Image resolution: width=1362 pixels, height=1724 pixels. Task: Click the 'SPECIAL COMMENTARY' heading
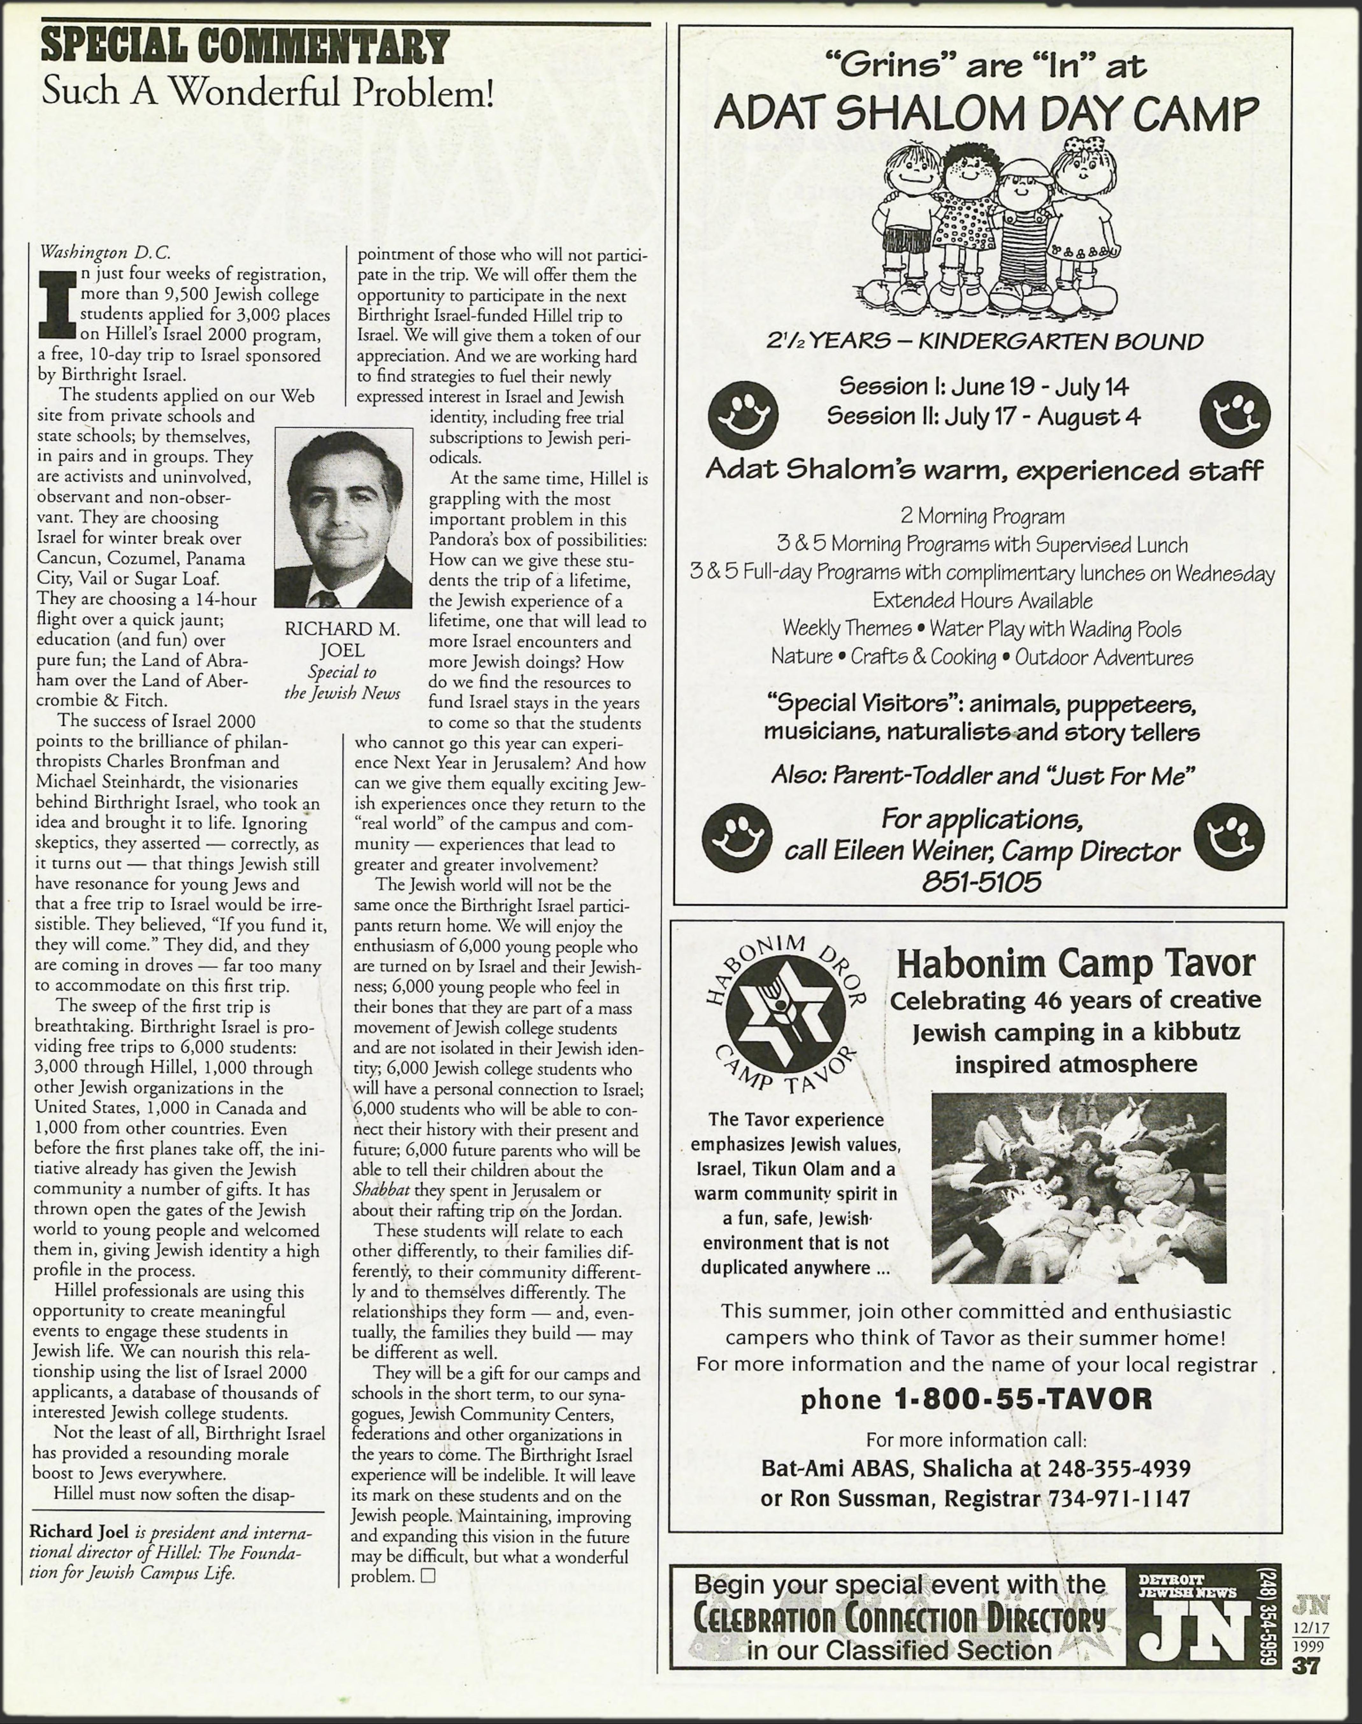coord(245,48)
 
